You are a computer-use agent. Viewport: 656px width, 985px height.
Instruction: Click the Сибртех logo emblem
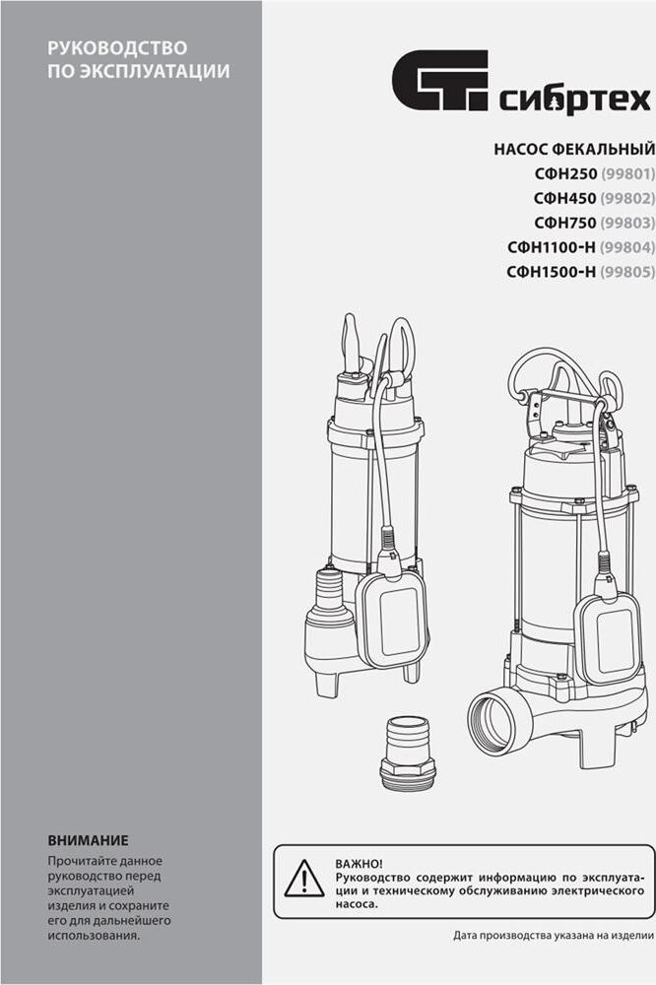tap(440, 80)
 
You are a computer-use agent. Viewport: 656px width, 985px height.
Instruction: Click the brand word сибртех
tap(574, 99)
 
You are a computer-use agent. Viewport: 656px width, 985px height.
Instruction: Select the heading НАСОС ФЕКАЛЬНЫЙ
tap(573, 150)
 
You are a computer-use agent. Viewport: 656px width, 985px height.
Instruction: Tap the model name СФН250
tap(565, 174)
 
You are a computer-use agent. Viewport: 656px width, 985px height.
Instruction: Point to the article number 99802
tap(627, 199)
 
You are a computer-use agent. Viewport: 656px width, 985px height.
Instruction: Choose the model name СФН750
tap(565, 223)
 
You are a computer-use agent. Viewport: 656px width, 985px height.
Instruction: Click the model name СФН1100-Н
tap(551, 247)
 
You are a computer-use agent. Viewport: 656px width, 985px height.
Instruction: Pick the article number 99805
tap(627, 272)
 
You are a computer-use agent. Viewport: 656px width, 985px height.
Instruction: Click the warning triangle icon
tap(304, 880)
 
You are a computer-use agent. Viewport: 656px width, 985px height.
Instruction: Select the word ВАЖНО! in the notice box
tap(359, 865)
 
